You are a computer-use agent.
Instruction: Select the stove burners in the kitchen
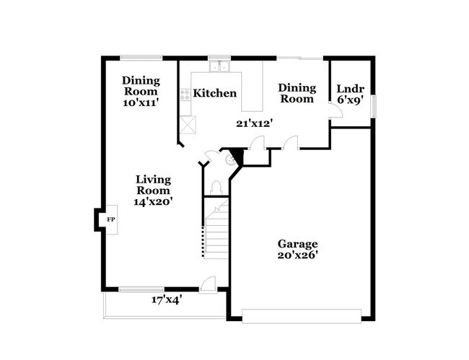(185, 93)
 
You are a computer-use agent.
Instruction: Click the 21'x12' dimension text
(254, 123)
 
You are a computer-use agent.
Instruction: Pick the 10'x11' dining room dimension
(140, 102)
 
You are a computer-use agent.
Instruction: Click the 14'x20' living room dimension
(152, 201)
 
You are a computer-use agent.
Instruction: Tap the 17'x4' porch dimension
(166, 298)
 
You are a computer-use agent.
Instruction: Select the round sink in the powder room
(231, 159)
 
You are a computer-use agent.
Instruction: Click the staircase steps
(216, 231)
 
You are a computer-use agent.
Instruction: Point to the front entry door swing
(208, 284)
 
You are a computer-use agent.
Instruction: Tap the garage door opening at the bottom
(302, 315)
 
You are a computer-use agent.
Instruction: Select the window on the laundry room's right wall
(374, 105)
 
